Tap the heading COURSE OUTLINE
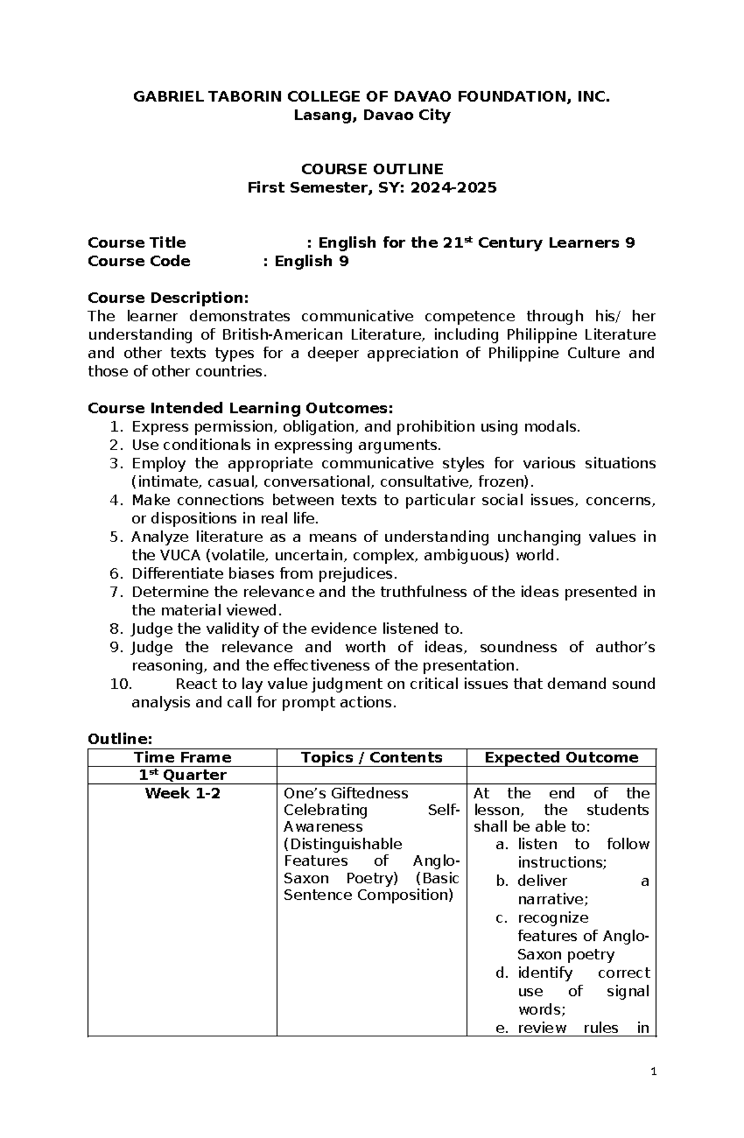tap(372, 169)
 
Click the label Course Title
tap(136, 242)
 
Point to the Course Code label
tap(139, 261)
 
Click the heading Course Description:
tap(168, 298)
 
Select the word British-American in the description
tap(281, 335)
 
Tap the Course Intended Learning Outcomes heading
tap(241, 408)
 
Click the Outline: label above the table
tap(120, 739)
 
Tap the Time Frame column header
tap(182, 757)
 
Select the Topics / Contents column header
tap(371, 757)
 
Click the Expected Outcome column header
tap(561, 757)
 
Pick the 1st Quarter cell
tap(182, 775)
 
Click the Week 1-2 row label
tap(182, 793)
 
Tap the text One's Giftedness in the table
tap(345, 793)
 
